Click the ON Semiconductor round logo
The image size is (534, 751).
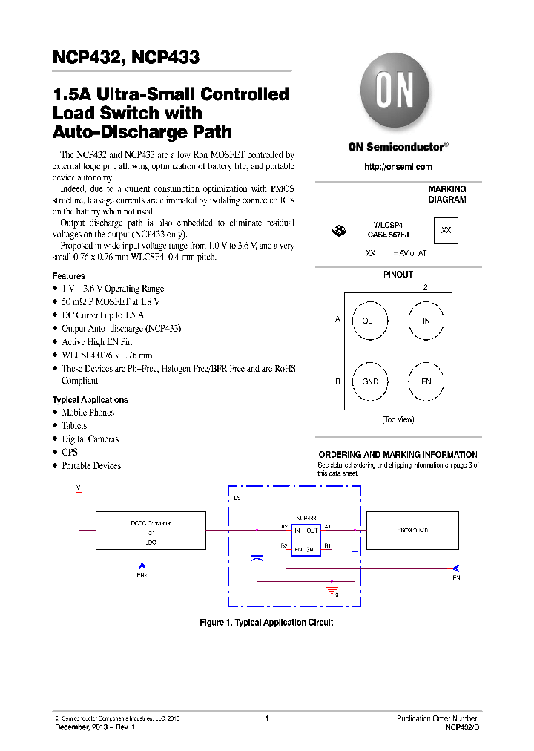(395, 94)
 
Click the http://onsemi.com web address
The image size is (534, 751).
(398, 167)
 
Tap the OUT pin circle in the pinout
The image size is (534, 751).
(369, 321)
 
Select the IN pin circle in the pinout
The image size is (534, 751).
(426, 321)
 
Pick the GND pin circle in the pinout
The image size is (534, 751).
(369, 381)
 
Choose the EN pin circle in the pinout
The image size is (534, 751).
(426, 381)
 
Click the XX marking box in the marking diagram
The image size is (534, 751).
(446, 230)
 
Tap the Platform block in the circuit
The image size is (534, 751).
(412, 530)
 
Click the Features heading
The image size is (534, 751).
(68, 275)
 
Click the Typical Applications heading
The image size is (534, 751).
(90, 400)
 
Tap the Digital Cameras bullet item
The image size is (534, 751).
(90, 439)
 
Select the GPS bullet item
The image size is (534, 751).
(70, 452)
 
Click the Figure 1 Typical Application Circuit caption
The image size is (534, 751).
(266, 623)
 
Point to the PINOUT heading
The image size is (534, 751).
(398, 275)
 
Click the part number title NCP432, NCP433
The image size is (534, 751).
(126, 58)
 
